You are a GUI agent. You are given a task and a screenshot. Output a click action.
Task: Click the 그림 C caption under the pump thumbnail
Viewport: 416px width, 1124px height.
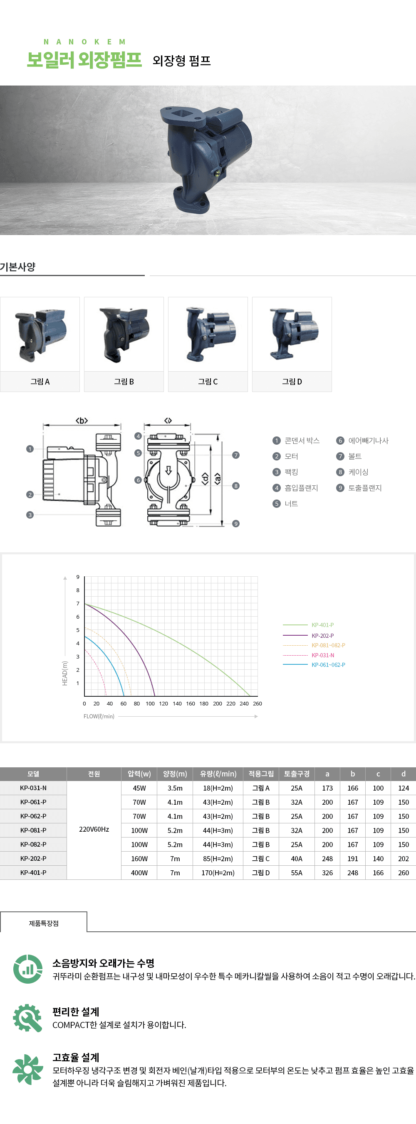pos(208,381)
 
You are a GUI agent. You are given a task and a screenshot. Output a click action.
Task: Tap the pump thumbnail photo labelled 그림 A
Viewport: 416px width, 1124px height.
pos(40,334)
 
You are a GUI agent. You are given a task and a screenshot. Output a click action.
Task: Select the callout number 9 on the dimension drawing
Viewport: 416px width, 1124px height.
pos(236,524)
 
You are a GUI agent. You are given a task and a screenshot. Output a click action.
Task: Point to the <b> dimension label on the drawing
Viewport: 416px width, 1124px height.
pos(82,421)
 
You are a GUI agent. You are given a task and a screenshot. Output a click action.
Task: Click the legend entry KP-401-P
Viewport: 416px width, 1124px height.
pos(322,625)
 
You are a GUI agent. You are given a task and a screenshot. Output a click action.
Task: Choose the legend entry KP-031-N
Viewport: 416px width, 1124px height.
pos(322,655)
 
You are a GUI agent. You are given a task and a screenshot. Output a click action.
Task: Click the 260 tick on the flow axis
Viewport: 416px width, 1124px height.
pos(258,703)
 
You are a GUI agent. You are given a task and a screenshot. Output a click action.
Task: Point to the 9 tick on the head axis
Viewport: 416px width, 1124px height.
pos(78,577)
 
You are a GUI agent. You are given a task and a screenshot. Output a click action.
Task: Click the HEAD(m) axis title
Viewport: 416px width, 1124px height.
pos(64,673)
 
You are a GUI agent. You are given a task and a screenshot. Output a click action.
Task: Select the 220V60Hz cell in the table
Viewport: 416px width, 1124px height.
pos(94,829)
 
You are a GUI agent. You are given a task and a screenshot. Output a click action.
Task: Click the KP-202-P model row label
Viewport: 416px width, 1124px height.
pos(33,858)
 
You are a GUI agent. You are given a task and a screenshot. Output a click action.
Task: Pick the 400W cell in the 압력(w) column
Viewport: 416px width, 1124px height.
pos(139,873)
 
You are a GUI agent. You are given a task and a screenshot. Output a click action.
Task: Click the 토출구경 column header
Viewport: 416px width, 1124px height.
pos(297,774)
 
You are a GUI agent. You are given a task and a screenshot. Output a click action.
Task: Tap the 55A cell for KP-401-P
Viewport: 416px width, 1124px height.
pos(297,873)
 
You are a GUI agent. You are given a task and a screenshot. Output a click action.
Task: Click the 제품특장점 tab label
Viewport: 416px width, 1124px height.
pos(44,923)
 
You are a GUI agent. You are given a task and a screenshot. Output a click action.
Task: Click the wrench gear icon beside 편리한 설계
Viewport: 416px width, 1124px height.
pos(27,1018)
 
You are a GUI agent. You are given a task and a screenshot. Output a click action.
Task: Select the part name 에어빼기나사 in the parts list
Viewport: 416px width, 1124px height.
pos(368,441)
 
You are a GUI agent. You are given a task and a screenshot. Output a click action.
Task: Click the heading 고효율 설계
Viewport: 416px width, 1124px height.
pos(76,1057)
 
